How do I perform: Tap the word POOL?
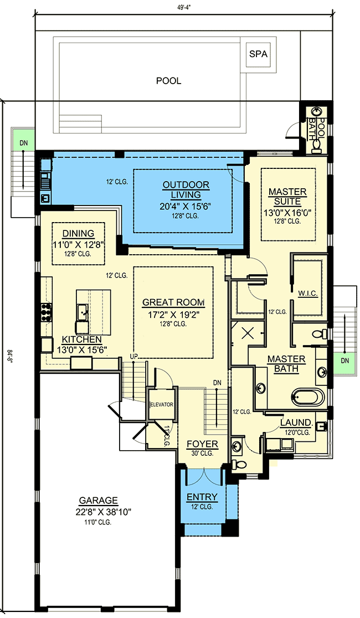[168, 81]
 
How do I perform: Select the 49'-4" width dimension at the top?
[183, 7]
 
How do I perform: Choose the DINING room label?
[78, 233]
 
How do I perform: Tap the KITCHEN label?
[81, 339]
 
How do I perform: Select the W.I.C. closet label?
[307, 292]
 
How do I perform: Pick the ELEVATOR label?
[161, 404]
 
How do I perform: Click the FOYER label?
[202, 444]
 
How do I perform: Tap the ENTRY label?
[202, 497]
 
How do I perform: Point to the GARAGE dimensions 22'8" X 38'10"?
[97, 512]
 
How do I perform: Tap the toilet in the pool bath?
[316, 146]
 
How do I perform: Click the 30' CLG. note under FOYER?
[202, 454]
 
